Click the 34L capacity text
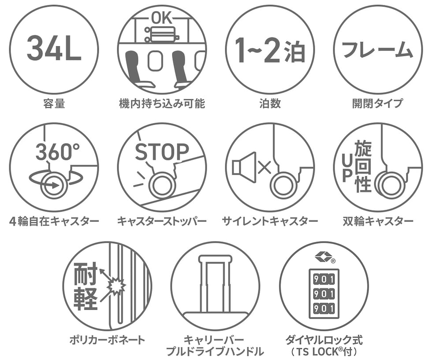[54, 48]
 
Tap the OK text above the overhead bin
[162, 19]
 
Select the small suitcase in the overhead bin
[162, 34]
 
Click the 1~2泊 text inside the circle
[270, 51]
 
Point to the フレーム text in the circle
[377, 50]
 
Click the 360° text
[58, 152]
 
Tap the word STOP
[162, 152]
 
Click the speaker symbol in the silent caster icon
[244, 167]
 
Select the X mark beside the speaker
[265, 167]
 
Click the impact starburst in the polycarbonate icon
[116, 286]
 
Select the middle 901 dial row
[324, 294]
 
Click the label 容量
[54, 104]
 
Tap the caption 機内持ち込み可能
[162, 104]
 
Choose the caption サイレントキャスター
[270, 221]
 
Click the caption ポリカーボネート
[108, 340]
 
